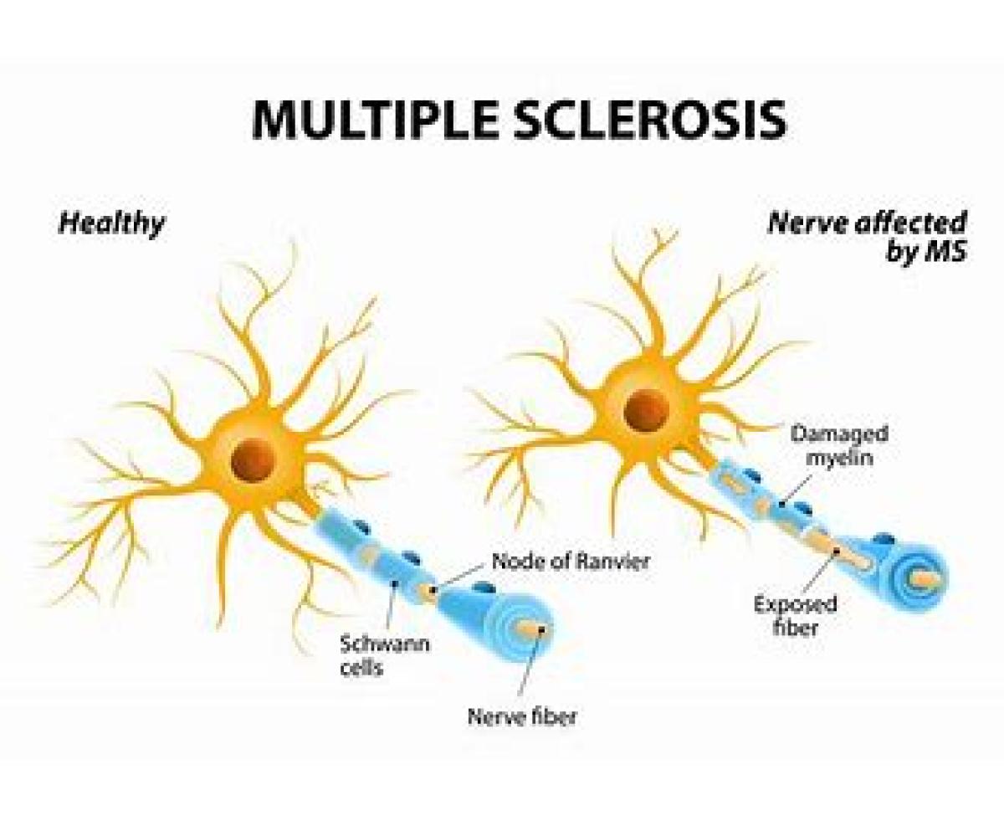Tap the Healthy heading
point(112,223)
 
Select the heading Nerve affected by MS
point(867,237)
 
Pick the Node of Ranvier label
point(570,561)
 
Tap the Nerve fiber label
point(522,716)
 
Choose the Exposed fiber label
point(795,615)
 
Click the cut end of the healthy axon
point(531,626)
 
